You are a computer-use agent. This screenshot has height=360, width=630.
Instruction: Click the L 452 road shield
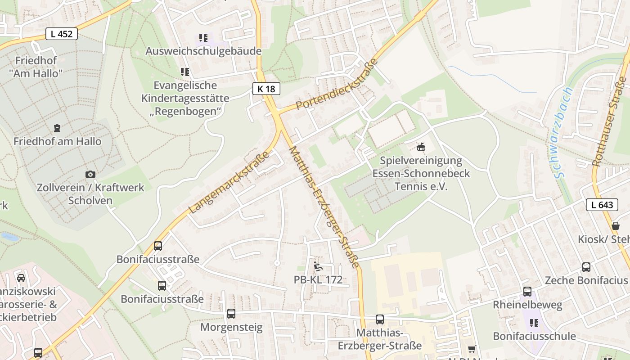[62, 34]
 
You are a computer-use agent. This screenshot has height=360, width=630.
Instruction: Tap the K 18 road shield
[266, 89]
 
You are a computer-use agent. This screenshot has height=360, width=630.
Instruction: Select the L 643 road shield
[602, 205]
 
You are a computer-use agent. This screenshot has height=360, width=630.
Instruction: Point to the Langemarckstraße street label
[229, 182]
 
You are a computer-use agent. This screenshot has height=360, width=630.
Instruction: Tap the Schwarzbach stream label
[562, 133]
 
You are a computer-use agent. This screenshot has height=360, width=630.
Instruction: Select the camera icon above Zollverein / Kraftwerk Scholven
[90, 174]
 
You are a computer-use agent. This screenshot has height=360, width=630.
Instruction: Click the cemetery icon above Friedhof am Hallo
[57, 128]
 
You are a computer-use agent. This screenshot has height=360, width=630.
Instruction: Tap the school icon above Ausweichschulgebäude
[203, 38]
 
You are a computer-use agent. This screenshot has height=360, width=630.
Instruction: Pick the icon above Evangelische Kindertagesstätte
[184, 72]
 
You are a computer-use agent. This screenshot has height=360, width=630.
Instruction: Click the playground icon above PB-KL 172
[318, 266]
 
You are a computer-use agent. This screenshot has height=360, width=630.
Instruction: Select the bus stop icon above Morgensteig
[231, 314]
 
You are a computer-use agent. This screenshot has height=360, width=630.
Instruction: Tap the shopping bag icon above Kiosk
[616, 226]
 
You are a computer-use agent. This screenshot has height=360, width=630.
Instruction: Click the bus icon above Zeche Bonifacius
[586, 267]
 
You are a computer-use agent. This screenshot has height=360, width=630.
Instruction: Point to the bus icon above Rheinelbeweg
[527, 292]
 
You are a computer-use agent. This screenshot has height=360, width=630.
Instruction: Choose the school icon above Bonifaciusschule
[534, 323]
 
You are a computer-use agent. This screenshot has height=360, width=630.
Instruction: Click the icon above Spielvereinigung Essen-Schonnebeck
[421, 147]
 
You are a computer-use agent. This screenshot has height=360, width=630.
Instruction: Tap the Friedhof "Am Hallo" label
[36, 67]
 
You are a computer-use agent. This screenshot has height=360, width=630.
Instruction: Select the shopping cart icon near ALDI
[472, 349]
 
